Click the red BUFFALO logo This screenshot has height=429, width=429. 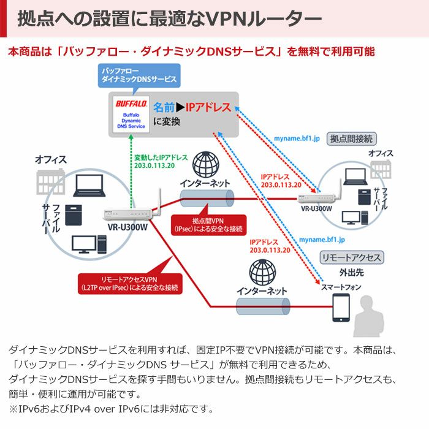tap(130, 104)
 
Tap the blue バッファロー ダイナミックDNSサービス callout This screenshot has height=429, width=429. tap(139, 75)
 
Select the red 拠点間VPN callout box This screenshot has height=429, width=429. tap(208, 224)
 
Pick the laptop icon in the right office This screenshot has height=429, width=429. tap(354, 177)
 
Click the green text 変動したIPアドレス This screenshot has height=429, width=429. tap(162, 157)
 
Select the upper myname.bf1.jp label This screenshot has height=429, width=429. tap(297, 139)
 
